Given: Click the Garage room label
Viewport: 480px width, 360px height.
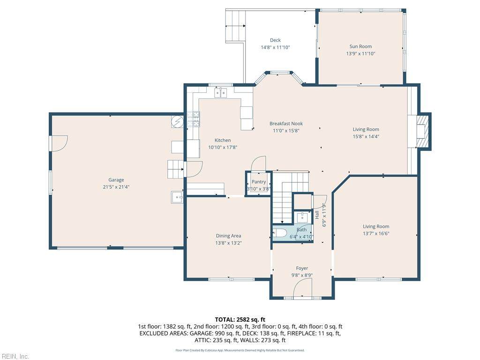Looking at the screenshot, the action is click(x=116, y=180).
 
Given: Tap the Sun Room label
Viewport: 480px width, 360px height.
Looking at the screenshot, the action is click(x=360, y=46).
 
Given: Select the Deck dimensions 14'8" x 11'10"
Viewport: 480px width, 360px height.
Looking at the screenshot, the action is click(x=275, y=47).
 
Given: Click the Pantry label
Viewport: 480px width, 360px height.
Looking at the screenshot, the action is click(x=259, y=182).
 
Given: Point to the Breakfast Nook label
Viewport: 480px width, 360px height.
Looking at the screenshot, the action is click(x=286, y=124).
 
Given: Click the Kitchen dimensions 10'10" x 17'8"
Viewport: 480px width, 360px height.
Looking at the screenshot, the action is click(x=223, y=148).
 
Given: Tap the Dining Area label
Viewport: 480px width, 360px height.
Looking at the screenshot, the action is click(x=228, y=236).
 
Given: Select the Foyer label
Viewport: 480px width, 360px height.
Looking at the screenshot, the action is click(x=302, y=268).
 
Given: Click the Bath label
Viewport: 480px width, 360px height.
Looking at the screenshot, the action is click(x=301, y=230).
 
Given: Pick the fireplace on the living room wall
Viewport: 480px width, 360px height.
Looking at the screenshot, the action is click(x=423, y=131).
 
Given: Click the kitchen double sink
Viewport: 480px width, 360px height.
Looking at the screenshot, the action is click(x=220, y=92).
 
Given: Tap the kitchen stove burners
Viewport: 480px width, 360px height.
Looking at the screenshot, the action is click(x=194, y=119).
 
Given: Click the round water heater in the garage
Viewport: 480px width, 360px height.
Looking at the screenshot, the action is click(x=177, y=122).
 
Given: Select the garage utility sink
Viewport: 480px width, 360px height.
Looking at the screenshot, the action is click(x=177, y=197).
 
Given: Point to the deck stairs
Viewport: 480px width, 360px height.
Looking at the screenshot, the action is click(x=236, y=26).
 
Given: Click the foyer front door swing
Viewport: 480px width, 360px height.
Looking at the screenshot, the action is click(x=302, y=289).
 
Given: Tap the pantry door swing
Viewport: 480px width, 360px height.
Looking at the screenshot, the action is click(x=258, y=163).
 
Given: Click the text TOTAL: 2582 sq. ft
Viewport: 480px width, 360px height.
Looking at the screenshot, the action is click(x=240, y=320).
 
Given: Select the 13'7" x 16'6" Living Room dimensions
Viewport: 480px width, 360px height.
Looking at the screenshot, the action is click(x=376, y=233).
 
